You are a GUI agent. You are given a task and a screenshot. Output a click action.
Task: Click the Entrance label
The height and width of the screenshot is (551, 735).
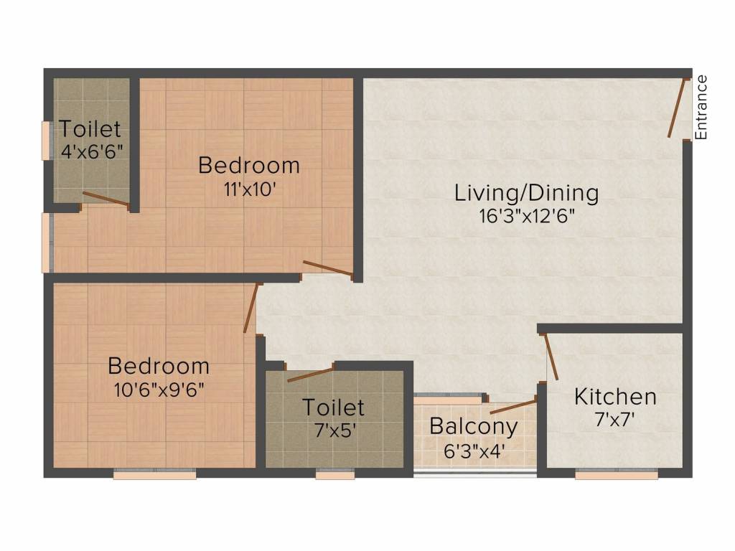pos(701,108)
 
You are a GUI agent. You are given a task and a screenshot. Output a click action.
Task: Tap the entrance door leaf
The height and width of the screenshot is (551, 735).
pos(678,108)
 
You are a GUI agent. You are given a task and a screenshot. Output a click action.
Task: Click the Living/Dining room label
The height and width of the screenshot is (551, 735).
pos(526,193)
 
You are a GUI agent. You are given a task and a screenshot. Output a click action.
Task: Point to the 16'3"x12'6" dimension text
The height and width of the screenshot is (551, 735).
pos(526,217)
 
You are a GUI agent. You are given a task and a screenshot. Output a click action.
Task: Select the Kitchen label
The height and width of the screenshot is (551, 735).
pos(615,397)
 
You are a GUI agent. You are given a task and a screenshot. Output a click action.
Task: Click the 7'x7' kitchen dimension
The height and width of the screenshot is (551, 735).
pos(614,420)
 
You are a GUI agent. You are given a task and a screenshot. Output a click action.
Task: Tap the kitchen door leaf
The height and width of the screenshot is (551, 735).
pos(551,357)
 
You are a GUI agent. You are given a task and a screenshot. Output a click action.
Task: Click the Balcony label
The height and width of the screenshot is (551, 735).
pos(474,427)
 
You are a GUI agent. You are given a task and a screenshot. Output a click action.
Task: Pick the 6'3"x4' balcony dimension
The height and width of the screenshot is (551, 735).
pos(474,451)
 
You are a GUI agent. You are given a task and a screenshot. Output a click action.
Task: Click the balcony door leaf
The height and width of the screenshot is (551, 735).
pos(512,407)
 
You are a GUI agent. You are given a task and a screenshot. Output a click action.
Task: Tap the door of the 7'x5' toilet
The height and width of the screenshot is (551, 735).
pos(311,375)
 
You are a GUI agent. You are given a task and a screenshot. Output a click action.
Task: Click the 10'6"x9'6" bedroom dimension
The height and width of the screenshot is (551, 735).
pos(159,390)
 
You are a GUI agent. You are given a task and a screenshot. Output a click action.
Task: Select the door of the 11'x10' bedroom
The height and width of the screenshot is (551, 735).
pos(327,268)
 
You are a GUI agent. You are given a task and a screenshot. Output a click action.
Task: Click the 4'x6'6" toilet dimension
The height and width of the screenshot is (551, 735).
pos(92,152)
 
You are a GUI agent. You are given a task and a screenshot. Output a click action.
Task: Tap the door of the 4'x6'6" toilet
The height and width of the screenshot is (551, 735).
pos(106,199)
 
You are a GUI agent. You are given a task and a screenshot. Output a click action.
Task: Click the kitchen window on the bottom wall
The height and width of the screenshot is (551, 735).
pos(616,475)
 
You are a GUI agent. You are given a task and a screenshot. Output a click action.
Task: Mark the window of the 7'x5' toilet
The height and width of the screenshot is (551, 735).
pos(334,475)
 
